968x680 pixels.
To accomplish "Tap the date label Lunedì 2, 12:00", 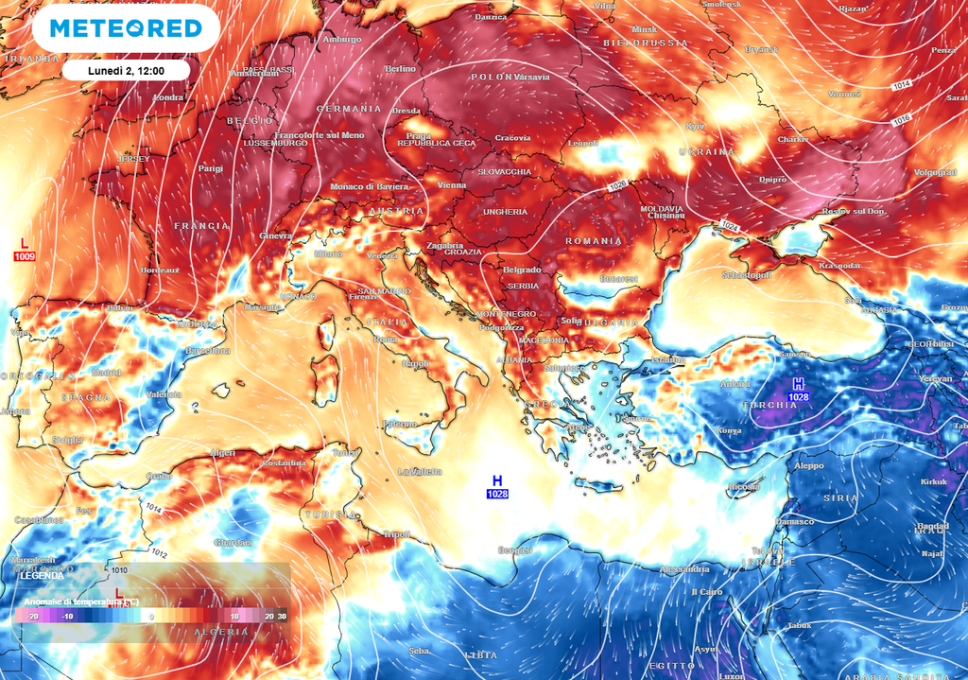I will pyautogui.click(x=127, y=71).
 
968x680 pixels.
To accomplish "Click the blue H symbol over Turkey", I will pyautogui.click(x=799, y=383).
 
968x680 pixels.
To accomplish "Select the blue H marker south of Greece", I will pyautogui.click(x=497, y=480).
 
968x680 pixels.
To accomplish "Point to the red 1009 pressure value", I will pyautogui.click(x=24, y=256).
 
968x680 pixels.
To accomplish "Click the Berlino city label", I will pyautogui.click(x=401, y=69).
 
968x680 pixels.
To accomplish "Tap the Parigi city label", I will pyautogui.click(x=211, y=168).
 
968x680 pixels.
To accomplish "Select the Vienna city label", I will pyautogui.click(x=452, y=185).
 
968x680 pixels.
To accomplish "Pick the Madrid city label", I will pyautogui.click(x=106, y=373).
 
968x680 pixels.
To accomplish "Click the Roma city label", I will pyautogui.click(x=386, y=340).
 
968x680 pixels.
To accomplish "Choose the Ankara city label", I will pyautogui.click(x=735, y=384).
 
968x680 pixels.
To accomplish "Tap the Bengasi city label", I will pyautogui.click(x=515, y=549).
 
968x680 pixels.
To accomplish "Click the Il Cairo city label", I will pyautogui.click(x=707, y=591).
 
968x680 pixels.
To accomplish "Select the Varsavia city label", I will pyautogui.click(x=533, y=76).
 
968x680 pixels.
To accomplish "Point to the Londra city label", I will pyautogui.click(x=167, y=97).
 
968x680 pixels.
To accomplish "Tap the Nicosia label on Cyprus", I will pyautogui.click(x=743, y=487).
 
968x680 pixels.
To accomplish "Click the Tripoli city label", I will pyautogui.click(x=396, y=534).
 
